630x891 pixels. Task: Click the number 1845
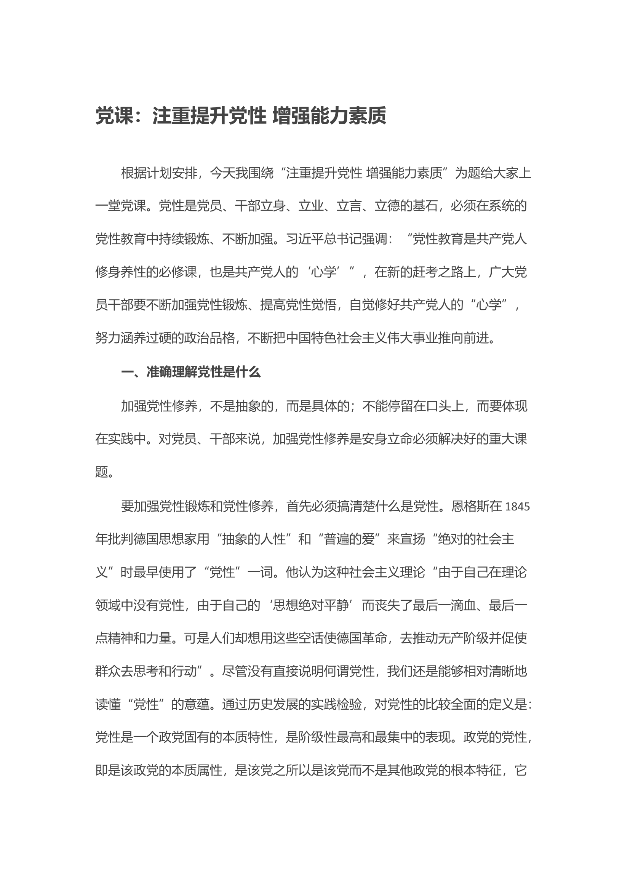click(517, 507)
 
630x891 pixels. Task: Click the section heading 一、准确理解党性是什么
click(191, 372)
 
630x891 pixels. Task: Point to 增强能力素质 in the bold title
click(329, 116)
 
